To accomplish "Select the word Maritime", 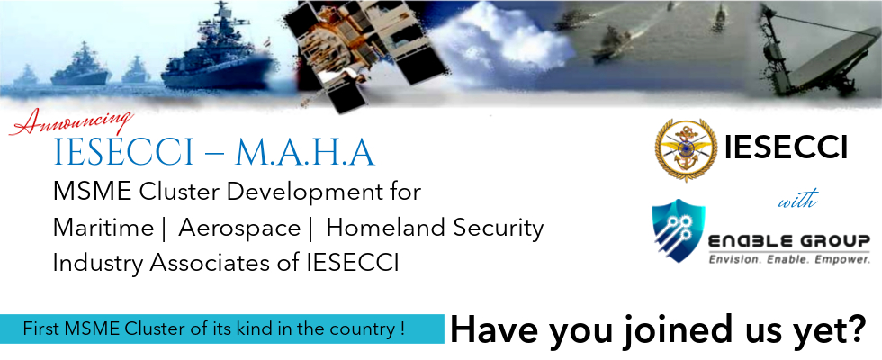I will pos(103,229).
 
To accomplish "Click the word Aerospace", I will pos(239,229).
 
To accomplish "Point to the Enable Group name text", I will pos(788,240).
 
